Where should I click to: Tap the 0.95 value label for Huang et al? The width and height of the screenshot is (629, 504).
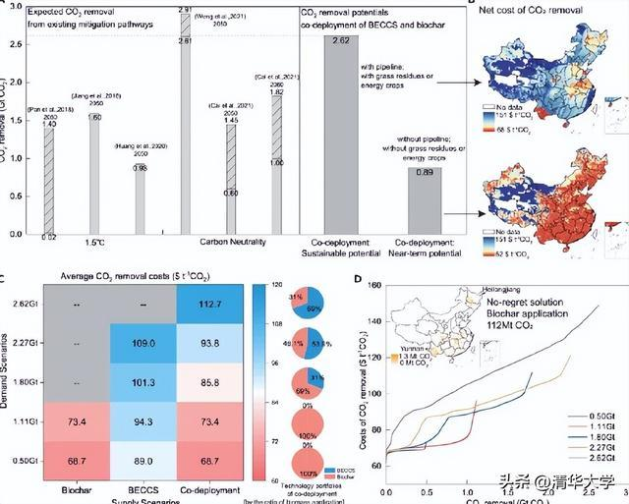pyautogui.click(x=143, y=168)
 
